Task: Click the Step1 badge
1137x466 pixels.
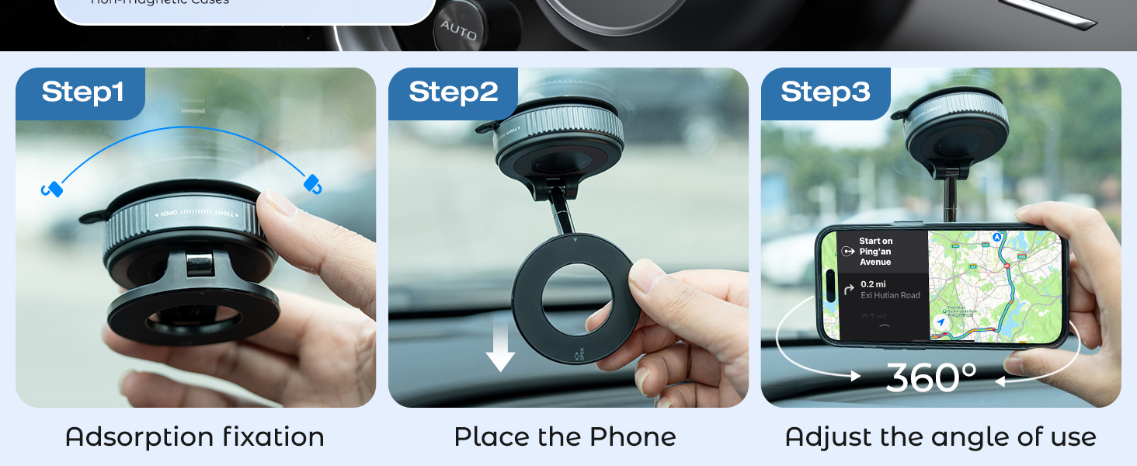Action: pos(82,92)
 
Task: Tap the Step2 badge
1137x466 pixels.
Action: pos(454,92)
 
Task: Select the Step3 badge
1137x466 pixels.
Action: pos(826,92)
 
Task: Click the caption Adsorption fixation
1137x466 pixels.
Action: pos(195,436)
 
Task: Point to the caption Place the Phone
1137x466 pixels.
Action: pos(565,436)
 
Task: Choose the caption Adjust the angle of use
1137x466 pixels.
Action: pos(941,436)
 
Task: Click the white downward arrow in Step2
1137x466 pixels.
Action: pos(500,346)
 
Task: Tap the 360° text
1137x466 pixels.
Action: pos(931,377)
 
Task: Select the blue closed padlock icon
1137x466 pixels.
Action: pos(312,184)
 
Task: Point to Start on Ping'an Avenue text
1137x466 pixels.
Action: pos(875,252)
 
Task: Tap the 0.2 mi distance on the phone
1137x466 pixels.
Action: pos(873,284)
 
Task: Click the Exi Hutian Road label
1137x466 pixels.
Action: pos(890,295)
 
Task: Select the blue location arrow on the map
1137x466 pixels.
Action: pos(941,322)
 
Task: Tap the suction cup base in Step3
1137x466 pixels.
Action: pos(955,128)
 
